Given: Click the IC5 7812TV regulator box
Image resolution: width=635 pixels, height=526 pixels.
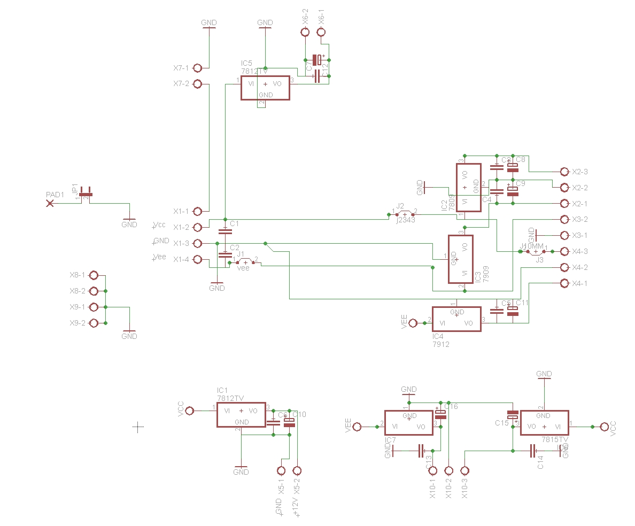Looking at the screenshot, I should (x=265, y=88).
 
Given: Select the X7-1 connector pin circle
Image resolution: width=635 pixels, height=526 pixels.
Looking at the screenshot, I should (x=197, y=68).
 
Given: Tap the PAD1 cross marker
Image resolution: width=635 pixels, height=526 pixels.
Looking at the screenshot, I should (x=50, y=204).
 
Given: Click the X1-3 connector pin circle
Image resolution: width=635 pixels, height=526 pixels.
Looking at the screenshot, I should (x=197, y=244).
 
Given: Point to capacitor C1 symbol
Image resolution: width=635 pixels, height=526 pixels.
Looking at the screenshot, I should (x=226, y=231).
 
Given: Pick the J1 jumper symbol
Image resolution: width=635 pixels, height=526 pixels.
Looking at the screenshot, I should (x=245, y=262).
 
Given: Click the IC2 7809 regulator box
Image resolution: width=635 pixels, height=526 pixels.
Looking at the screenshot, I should (x=468, y=188).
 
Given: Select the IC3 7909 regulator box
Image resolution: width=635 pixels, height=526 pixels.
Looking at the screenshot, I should (x=460, y=259).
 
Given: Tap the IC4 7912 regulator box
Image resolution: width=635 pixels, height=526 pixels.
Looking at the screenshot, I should (x=456, y=319).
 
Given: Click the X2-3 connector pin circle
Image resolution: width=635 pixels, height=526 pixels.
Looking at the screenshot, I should (x=564, y=172).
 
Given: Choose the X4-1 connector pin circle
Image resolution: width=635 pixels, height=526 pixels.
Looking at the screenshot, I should (x=564, y=283).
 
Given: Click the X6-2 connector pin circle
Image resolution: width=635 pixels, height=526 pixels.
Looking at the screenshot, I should (x=305, y=33).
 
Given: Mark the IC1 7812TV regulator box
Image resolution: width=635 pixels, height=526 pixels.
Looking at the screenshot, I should (x=241, y=415).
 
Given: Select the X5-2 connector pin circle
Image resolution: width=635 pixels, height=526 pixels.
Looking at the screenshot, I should (x=297, y=471).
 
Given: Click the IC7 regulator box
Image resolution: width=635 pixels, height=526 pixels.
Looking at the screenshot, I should (x=409, y=423).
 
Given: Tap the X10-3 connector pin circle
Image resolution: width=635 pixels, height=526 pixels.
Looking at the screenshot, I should (x=464, y=471).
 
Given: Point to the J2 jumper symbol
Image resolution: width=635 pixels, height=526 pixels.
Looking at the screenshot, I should (x=405, y=214).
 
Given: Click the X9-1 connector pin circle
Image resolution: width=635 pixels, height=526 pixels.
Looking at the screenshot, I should (x=94, y=307).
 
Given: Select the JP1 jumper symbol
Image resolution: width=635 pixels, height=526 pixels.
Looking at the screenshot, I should (x=86, y=195).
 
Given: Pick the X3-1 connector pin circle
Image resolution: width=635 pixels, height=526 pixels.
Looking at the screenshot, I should (x=564, y=235).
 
